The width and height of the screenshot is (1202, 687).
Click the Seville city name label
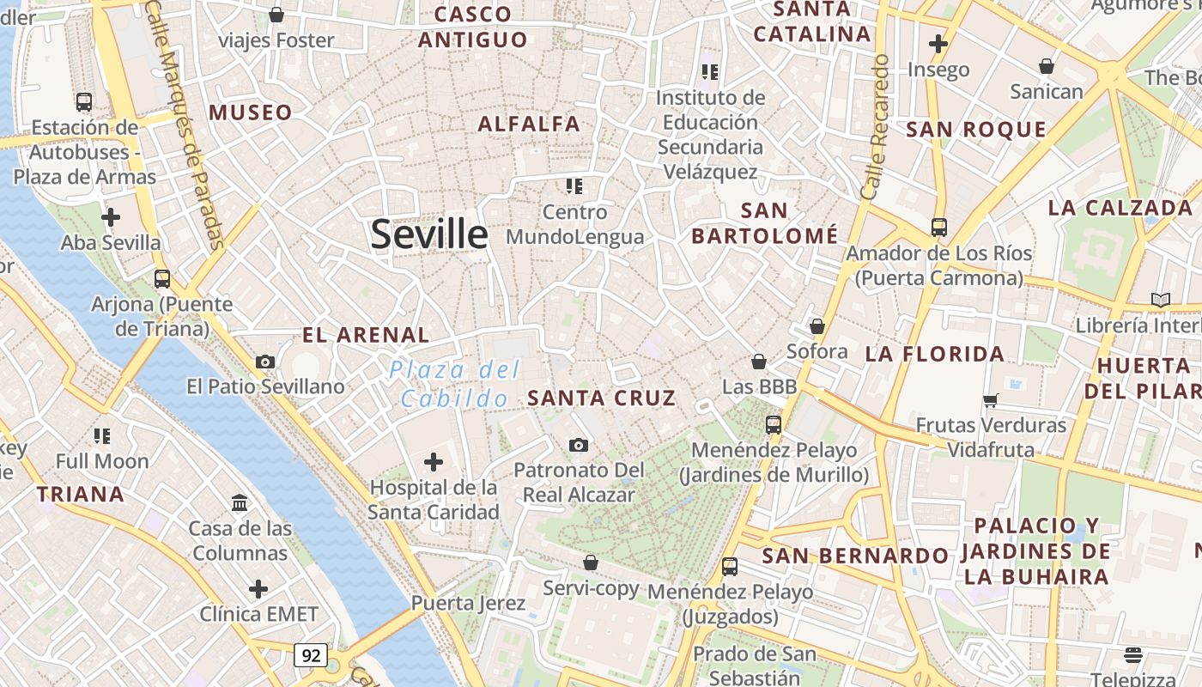tap(428, 234)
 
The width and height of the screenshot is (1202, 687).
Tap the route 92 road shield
tap(311, 655)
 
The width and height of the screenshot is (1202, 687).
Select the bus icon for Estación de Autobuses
tap(84, 101)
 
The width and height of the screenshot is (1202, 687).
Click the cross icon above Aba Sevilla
tap(110, 217)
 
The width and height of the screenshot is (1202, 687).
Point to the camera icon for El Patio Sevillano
tap(265, 362)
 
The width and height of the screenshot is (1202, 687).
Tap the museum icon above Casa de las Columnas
tap(240, 502)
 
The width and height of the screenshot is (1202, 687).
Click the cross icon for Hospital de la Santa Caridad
tap(434, 462)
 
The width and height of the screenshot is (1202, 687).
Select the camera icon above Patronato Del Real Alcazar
tap(579, 445)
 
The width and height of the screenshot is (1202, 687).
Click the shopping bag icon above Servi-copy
tap(591, 562)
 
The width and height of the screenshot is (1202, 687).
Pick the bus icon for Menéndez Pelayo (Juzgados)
tap(730, 567)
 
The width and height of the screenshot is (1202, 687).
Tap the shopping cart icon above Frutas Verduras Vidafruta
tap(991, 399)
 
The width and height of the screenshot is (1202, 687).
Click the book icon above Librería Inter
tap(1161, 300)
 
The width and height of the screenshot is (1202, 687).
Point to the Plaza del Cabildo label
tap(454, 384)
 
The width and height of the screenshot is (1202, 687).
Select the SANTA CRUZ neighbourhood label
tap(602, 398)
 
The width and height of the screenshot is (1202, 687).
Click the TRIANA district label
tap(81, 494)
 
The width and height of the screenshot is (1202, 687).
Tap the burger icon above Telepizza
tap(1132, 655)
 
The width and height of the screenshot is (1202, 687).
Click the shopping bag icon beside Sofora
tap(817, 326)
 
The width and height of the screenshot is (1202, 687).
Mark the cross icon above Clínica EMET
tap(258, 589)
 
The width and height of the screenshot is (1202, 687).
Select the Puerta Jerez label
tap(468, 602)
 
